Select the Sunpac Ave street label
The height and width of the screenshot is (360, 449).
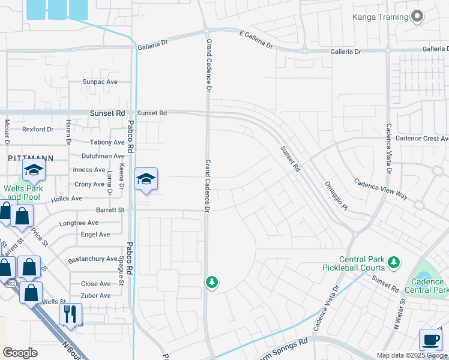point(100,82)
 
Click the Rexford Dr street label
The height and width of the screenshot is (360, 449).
point(38,129)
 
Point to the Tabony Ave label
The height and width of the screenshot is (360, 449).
point(107,142)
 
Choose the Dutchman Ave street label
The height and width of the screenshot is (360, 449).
point(103,156)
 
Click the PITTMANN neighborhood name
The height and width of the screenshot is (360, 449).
point(31,158)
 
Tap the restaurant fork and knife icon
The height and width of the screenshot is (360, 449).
point(70,314)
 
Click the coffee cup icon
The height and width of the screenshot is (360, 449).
point(430,339)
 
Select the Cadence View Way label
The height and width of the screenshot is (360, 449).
point(381,188)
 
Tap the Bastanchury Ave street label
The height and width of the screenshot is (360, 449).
point(92,259)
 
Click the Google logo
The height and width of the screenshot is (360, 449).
point(20,353)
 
